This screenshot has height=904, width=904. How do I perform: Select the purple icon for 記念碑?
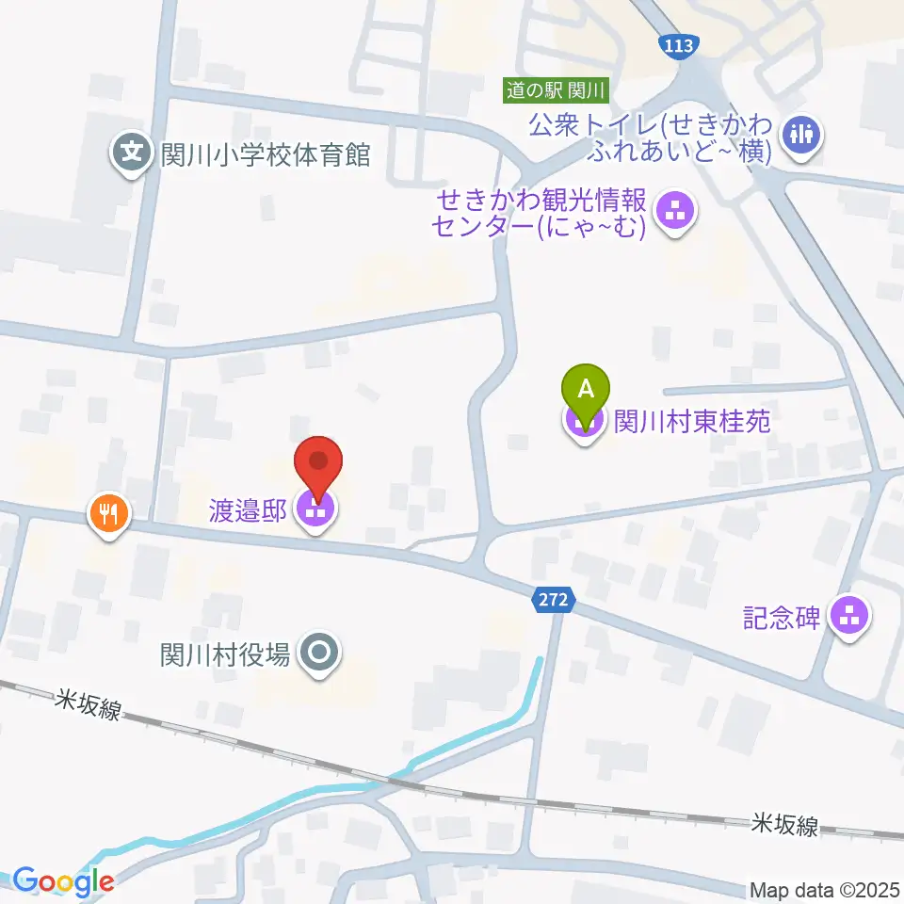850,617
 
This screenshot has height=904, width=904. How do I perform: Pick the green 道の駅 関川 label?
557,90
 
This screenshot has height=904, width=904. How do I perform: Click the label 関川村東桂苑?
692,420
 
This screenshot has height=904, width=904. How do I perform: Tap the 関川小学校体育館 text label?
265,154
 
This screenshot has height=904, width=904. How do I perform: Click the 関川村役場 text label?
225,653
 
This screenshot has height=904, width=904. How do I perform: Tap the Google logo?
63,881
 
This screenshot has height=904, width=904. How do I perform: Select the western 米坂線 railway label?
88,703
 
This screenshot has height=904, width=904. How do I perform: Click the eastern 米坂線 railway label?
784,825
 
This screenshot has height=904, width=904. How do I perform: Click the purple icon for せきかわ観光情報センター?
674,212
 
